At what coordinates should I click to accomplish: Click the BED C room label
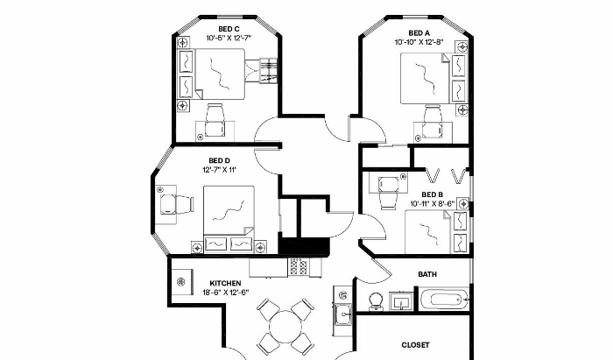[x=229, y=29]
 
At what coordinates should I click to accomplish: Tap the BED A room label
[x=419, y=33]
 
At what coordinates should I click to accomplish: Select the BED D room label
[x=219, y=160]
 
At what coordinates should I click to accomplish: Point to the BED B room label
[x=433, y=194]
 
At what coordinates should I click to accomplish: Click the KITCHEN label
[x=226, y=284]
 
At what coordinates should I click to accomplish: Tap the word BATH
[x=427, y=274]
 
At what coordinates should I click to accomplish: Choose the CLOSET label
[x=416, y=345]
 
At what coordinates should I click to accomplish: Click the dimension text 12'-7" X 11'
[x=219, y=170]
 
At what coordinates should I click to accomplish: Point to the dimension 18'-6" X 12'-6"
[x=226, y=293]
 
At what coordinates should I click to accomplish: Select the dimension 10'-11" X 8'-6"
[x=433, y=203]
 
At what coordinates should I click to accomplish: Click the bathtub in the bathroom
[x=444, y=300]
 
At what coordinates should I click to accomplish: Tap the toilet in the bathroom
[x=377, y=302]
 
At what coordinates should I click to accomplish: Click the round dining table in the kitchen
[x=285, y=328]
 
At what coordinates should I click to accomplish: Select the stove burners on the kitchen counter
[x=299, y=267]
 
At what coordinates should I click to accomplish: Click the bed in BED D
[x=229, y=219]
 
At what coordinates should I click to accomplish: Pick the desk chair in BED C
[x=215, y=120]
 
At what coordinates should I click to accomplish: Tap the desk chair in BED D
[x=177, y=204]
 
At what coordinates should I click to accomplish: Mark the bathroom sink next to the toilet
[x=401, y=302]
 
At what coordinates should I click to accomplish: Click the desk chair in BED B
[x=389, y=193]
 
